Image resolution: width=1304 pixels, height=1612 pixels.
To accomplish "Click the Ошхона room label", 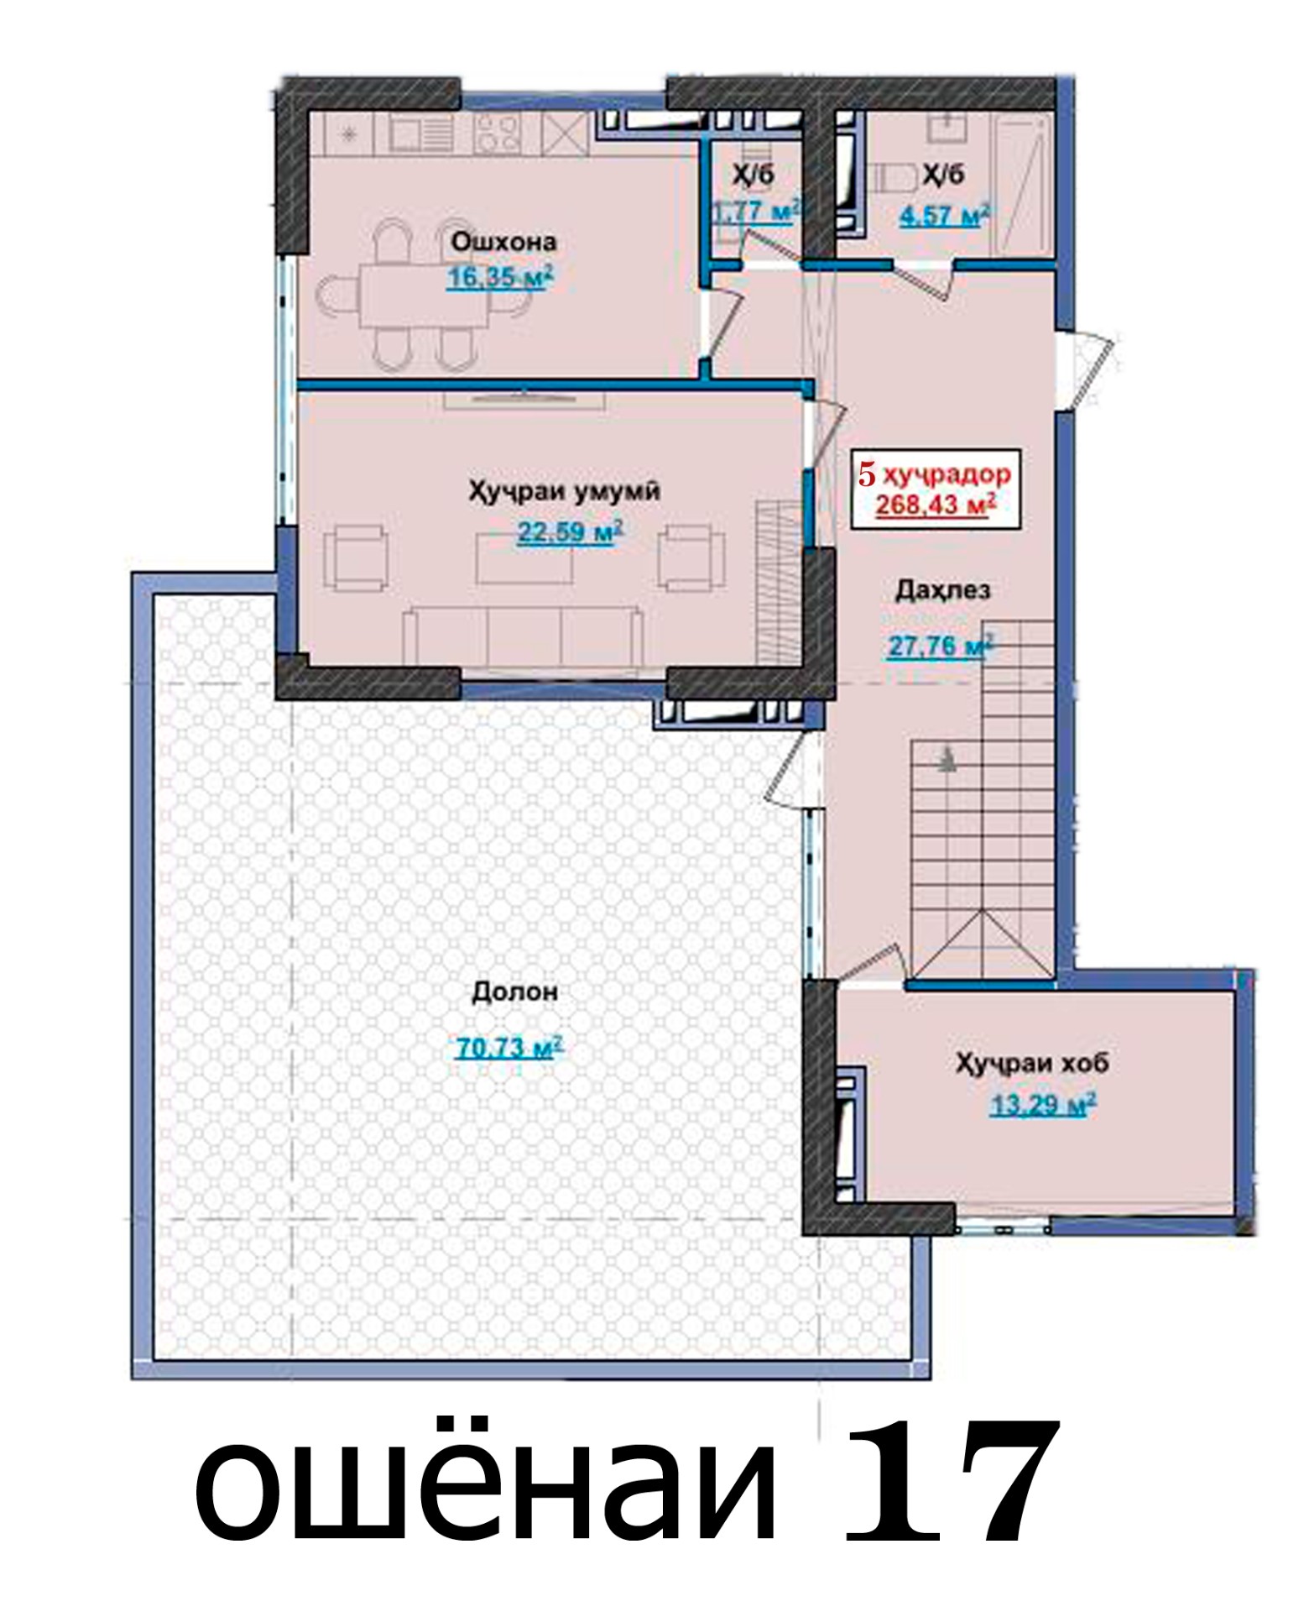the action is pos(503,242).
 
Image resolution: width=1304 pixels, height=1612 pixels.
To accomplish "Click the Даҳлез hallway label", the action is pos(942,590).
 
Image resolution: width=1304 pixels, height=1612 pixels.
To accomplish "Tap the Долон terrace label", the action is pos(515,992).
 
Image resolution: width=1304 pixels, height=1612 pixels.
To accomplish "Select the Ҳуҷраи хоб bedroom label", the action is pos(1032,1064).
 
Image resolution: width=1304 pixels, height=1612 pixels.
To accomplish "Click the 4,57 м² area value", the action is pos(944,216).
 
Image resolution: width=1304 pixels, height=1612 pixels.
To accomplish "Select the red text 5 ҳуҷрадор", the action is pos(934,474).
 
